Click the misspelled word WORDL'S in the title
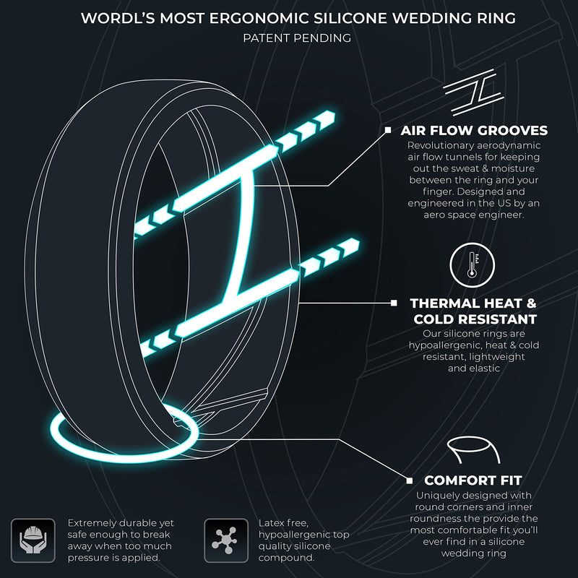[x=118, y=18]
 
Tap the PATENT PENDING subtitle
[x=297, y=38]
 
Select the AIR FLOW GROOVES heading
[x=474, y=131]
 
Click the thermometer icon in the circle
[x=473, y=264]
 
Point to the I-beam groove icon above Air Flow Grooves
[x=474, y=92]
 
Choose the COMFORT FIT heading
[x=473, y=480]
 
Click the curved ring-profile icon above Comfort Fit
[x=474, y=449]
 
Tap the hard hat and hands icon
[x=33, y=540]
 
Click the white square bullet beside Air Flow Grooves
[x=388, y=130]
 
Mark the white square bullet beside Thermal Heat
[x=394, y=303]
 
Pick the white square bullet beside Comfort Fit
[x=410, y=480]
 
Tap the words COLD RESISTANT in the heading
[x=475, y=319]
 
